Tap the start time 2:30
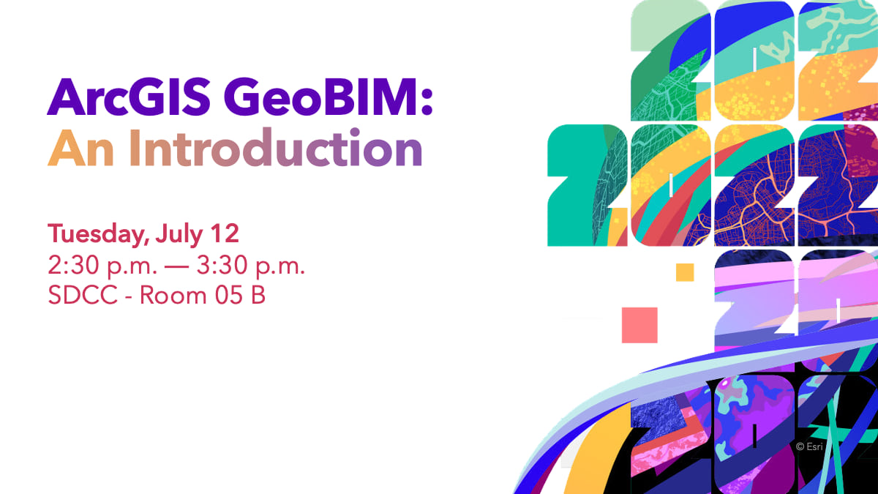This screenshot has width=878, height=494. click(72, 265)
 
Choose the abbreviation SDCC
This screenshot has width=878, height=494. click(83, 296)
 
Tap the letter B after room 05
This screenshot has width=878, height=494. click(258, 296)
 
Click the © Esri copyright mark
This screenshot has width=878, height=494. click(809, 446)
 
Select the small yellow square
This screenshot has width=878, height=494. click(685, 272)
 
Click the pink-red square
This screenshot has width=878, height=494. click(639, 325)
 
